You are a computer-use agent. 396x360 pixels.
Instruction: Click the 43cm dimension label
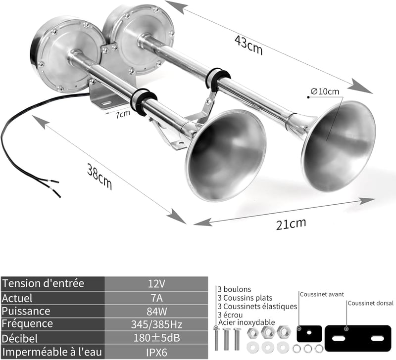click(x=249, y=45)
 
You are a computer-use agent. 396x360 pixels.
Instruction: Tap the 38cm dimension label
click(x=99, y=177)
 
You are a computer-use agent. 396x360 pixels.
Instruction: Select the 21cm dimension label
click(x=291, y=224)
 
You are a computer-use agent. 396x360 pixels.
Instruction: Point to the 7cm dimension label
click(x=123, y=114)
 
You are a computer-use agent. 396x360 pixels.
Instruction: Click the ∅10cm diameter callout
click(x=325, y=91)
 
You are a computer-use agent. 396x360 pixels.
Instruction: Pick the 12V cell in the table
click(x=156, y=284)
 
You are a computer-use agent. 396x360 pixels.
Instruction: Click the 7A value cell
click(x=156, y=298)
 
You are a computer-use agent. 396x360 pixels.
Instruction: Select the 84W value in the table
click(x=156, y=312)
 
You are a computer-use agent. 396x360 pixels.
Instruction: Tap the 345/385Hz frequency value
click(x=156, y=324)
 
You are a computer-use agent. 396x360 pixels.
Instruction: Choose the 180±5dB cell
click(x=156, y=338)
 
